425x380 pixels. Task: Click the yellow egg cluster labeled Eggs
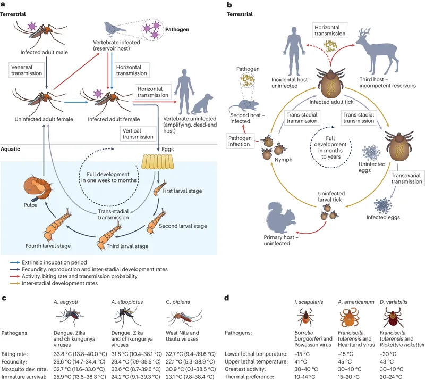point(158,159)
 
